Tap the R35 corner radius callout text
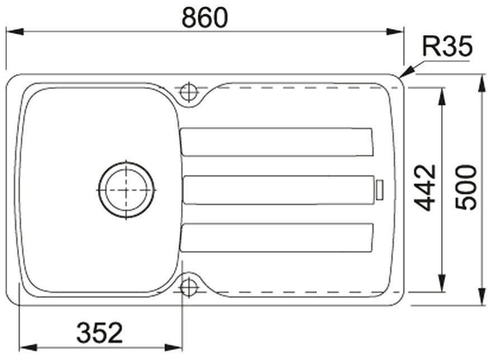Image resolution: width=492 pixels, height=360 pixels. [447, 46]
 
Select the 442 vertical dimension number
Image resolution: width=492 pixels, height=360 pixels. [425, 187]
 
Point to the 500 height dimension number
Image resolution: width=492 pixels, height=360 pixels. [466, 188]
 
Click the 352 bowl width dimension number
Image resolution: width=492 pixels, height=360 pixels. [100, 333]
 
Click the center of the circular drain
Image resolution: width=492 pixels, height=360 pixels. [126, 190]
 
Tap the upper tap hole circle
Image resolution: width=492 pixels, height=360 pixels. [189, 92]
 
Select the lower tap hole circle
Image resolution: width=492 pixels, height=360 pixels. [189, 286]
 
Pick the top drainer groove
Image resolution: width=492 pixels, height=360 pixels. [277, 142]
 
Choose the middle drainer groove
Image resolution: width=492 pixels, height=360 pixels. [278, 190]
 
